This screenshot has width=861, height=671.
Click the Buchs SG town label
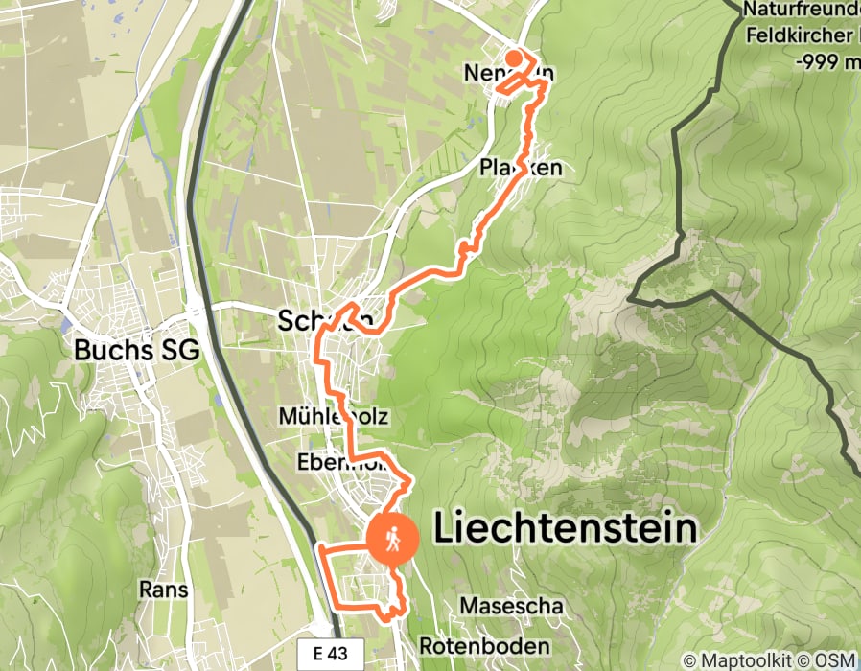click(x=137, y=351)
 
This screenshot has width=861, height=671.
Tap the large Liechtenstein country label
click(x=566, y=528)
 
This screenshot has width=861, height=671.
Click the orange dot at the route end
click(x=514, y=58)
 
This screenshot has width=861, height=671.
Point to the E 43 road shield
click(x=337, y=655)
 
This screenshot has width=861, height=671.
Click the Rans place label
click(x=163, y=588)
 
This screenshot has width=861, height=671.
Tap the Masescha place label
click(x=510, y=606)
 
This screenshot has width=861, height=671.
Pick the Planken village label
click(x=520, y=168)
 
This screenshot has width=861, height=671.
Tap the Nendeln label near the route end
click(x=508, y=74)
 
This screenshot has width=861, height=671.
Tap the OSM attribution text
click(x=835, y=660)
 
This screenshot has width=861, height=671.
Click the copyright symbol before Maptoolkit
click(x=689, y=660)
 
